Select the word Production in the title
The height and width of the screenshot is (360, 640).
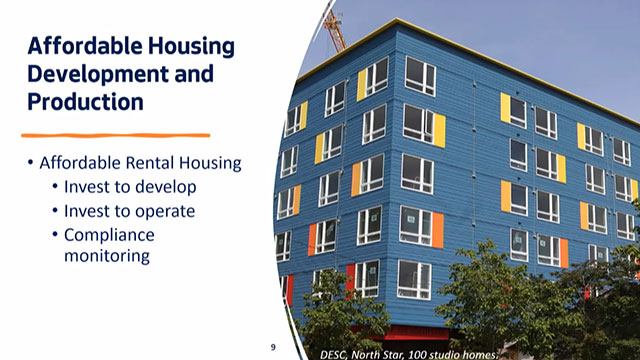85,101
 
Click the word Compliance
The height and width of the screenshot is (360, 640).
107,235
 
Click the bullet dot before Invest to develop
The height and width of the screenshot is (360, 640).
55,187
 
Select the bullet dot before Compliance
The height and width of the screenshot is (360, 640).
55,235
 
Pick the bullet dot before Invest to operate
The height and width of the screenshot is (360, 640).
55,211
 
